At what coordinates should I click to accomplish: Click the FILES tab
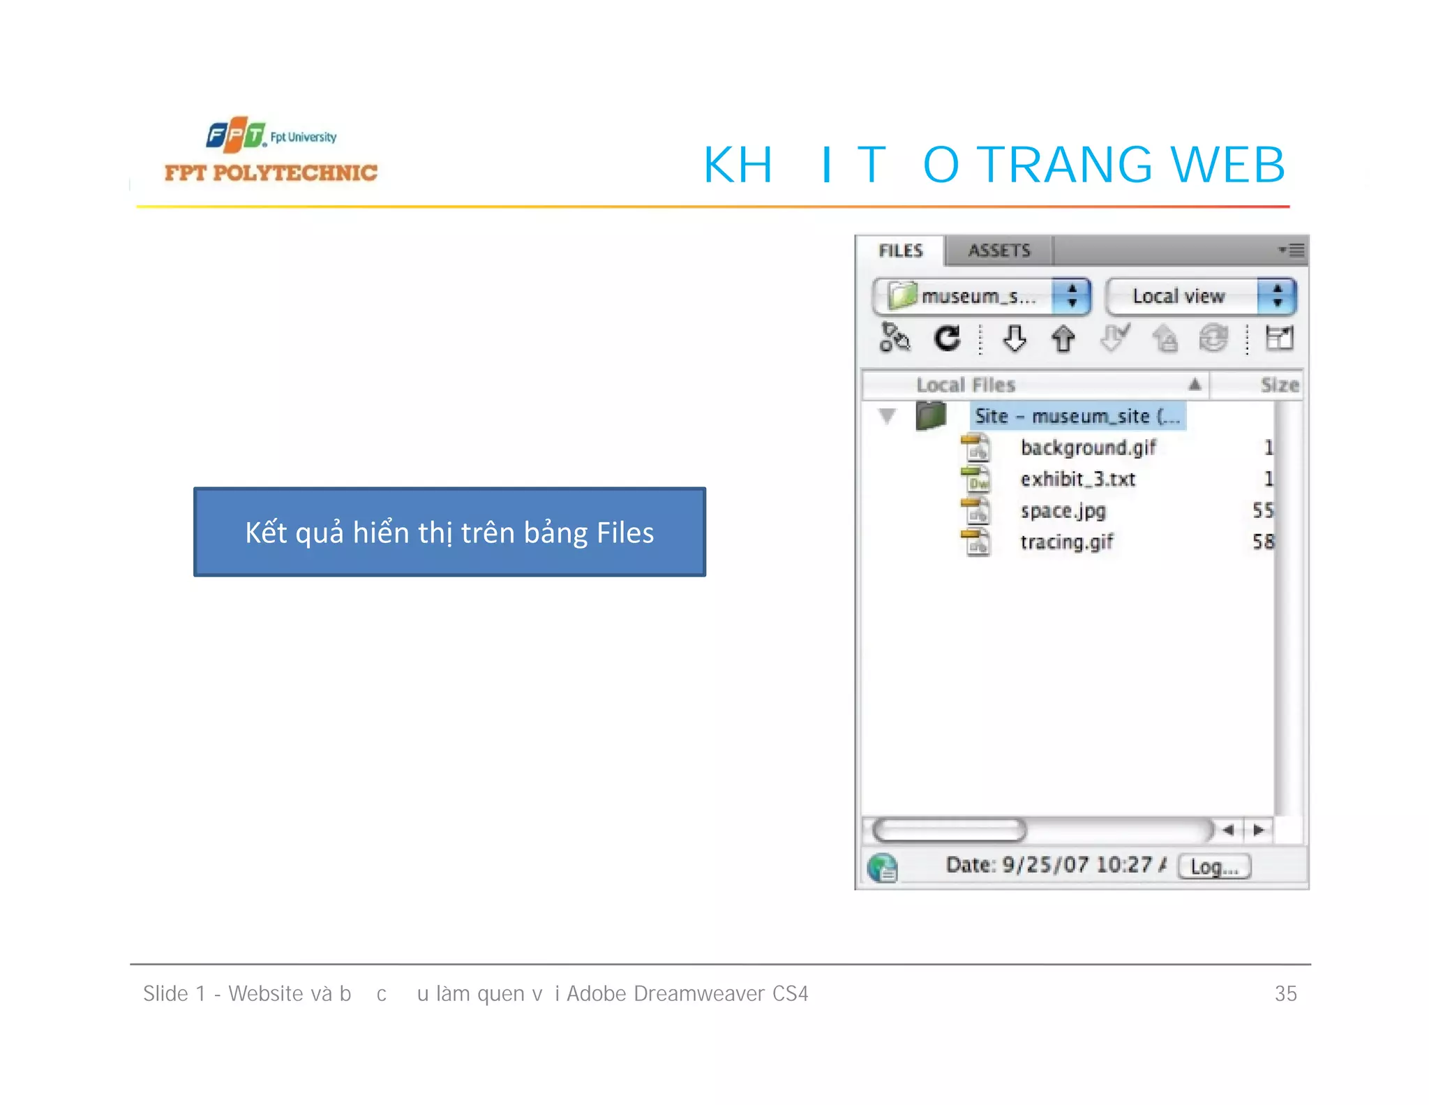pos(900,251)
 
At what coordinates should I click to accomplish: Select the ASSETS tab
pos(998,251)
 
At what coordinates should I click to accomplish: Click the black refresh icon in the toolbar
pos(947,339)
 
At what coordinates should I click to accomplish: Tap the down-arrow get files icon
pos(1014,339)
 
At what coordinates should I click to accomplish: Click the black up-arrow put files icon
pos(1063,339)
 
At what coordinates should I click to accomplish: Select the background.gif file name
pos(1088,447)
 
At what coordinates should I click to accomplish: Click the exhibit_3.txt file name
pos(1077,480)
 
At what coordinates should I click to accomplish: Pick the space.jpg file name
pos(1063,511)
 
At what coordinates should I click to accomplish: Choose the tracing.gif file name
pos(1066,542)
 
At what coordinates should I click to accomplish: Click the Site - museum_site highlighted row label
pos(1077,417)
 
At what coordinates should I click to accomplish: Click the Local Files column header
pos(966,385)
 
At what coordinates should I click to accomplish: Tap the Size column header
pos(1279,385)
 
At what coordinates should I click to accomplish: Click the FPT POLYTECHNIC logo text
pos(271,173)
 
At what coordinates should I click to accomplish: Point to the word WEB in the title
pos(1227,165)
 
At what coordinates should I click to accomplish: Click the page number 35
pos(1285,993)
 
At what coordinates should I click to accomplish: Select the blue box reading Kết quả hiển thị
pos(449,532)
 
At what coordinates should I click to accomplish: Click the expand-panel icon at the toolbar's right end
pos(1279,339)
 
